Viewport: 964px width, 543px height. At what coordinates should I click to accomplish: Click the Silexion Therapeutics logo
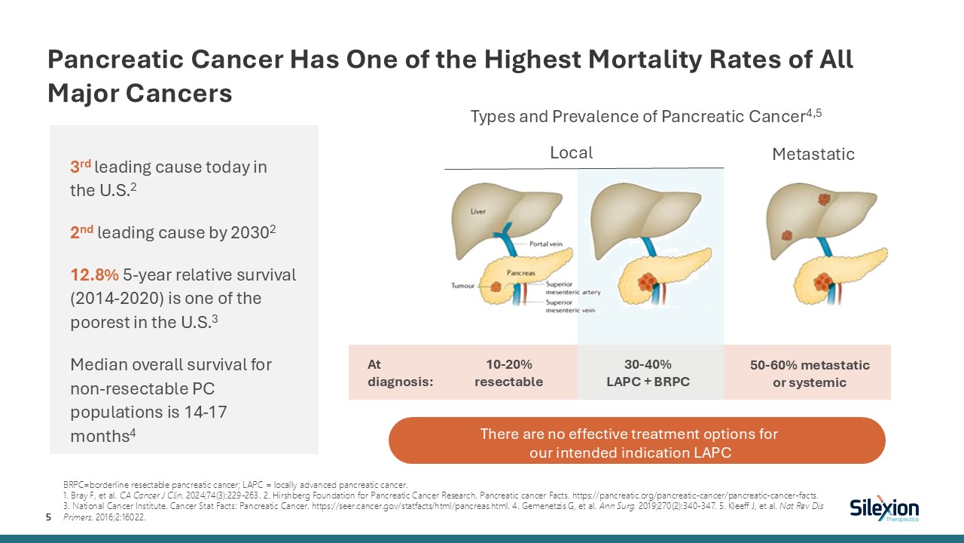(x=883, y=510)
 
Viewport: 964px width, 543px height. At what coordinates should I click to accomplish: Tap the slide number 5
(x=49, y=517)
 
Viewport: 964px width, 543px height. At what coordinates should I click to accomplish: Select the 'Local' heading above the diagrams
(x=571, y=152)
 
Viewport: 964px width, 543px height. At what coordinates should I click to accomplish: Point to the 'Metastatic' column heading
(x=813, y=155)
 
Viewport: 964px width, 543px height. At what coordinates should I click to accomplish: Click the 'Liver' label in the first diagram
(x=478, y=212)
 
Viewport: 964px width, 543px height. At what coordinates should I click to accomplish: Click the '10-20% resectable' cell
(x=508, y=373)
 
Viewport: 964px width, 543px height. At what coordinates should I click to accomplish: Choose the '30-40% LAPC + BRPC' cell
(x=648, y=373)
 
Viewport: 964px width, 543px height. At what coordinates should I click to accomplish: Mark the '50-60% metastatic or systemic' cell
(x=810, y=373)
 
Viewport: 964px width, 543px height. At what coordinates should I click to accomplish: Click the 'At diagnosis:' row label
(x=400, y=373)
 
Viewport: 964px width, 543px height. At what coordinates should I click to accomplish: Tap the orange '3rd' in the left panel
(x=81, y=167)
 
